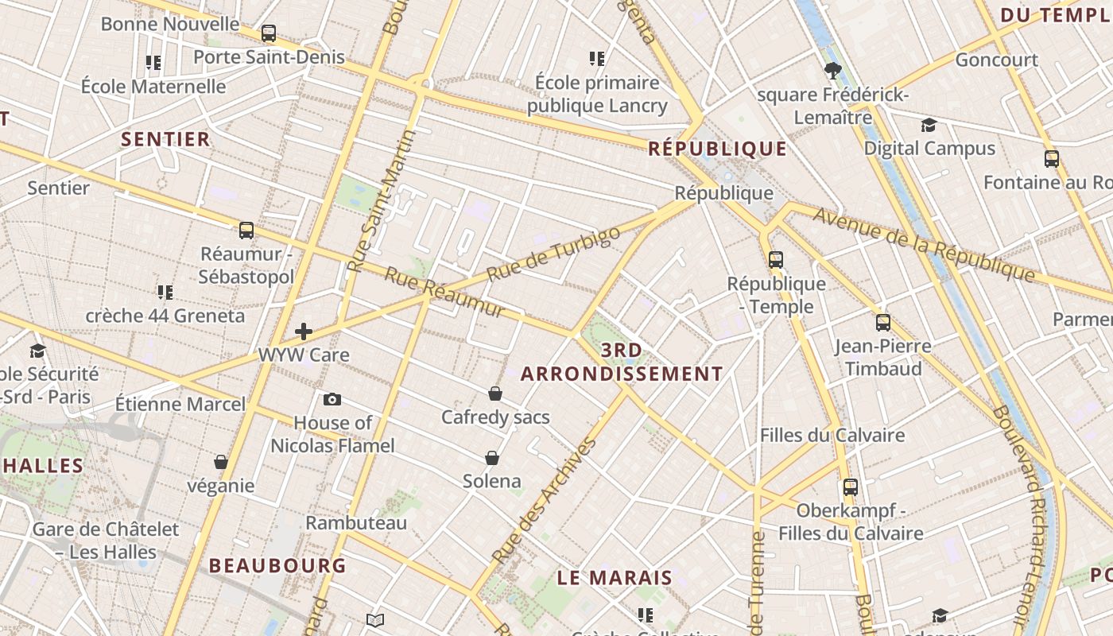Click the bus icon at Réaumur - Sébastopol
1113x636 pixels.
click(246, 231)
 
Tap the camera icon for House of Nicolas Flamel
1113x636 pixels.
click(332, 399)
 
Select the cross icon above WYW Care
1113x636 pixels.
click(304, 332)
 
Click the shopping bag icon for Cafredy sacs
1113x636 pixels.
click(495, 394)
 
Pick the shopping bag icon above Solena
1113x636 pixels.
click(492, 458)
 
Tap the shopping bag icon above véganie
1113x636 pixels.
click(221, 462)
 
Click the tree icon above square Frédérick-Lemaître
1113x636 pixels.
click(833, 71)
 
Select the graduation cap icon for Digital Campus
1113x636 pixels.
click(929, 125)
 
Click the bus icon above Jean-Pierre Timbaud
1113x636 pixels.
click(883, 323)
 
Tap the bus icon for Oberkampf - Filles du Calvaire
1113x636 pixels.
click(851, 487)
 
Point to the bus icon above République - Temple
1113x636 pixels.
click(776, 259)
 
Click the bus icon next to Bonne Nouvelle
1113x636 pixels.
click(269, 33)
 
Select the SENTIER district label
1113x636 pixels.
click(165, 139)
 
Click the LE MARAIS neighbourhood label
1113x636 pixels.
click(615, 578)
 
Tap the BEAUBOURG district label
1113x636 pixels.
click(277, 565)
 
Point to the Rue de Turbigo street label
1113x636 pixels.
click(553, 254)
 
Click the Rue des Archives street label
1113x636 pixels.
click(545, 500)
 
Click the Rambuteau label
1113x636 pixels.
click(356, 522)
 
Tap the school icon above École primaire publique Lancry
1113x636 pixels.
click(597, 58)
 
